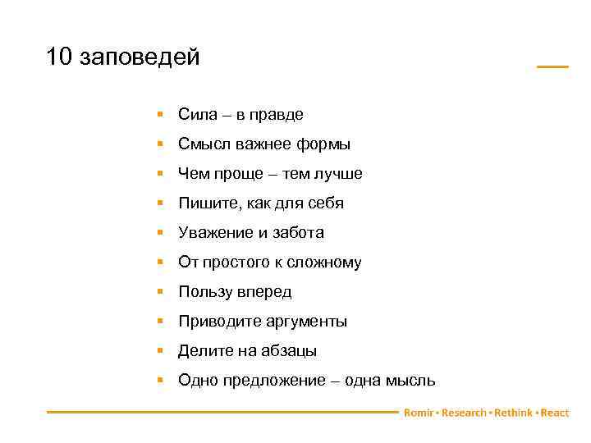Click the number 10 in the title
point(60,58)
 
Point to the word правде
point(280,115)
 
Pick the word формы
point(323,144)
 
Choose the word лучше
point(337,174)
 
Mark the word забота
point(297,233)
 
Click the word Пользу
point(205,292)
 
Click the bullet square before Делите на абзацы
point(163,350)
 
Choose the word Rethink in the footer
point(513,413)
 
